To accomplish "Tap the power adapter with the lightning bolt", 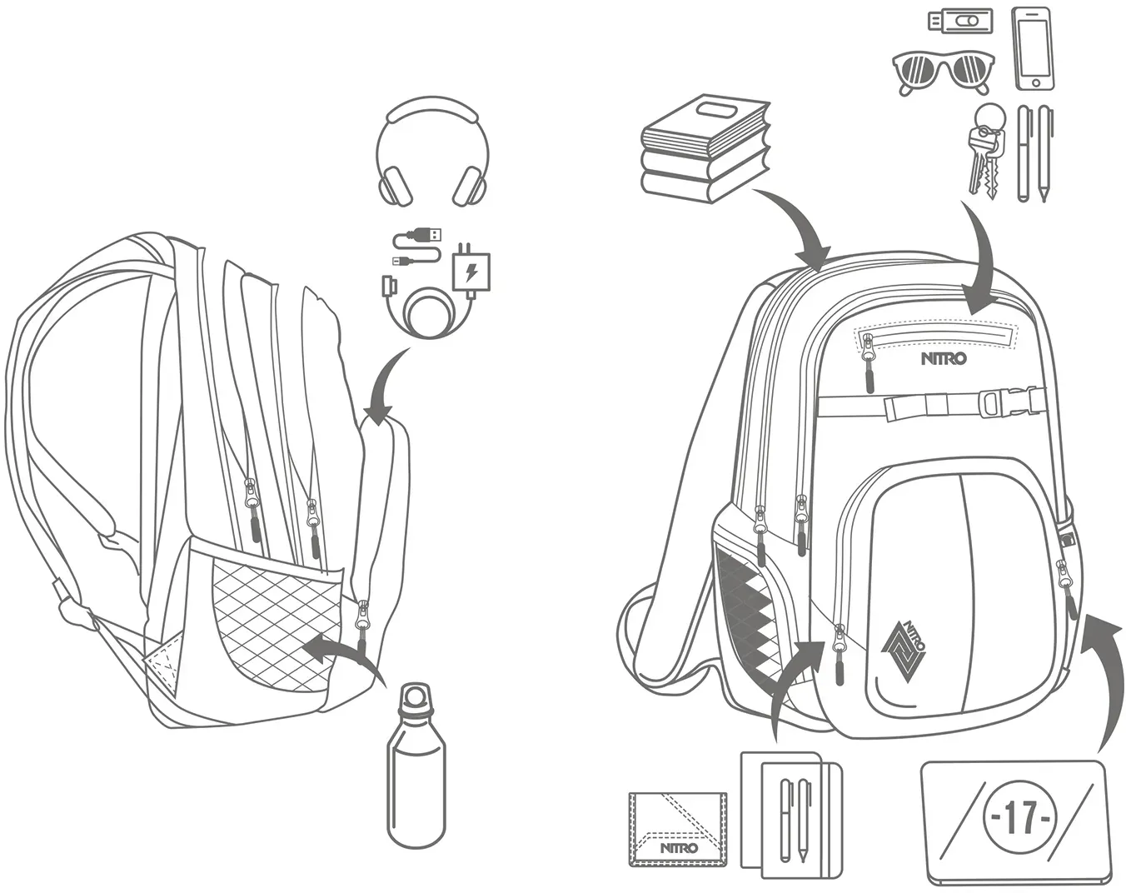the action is [x=471, y=270].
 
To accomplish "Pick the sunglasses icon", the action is [x=940, y=74].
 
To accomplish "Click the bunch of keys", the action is [x=984, y=149].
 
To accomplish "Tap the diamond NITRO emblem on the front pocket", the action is [x=904, y=651].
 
